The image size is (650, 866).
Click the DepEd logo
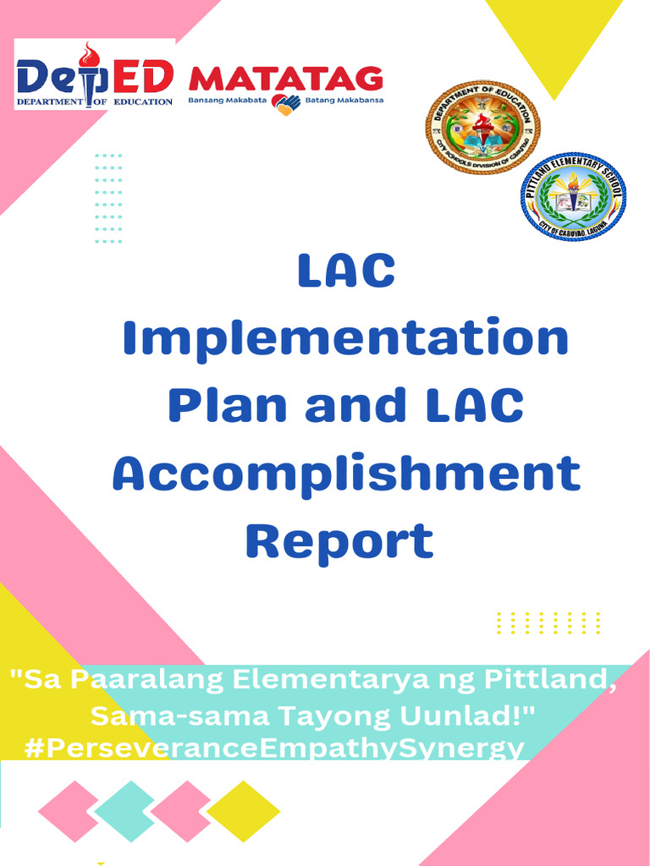click(95, 75)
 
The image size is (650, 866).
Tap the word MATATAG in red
click(285, 79)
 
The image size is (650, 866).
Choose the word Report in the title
click(339, 540)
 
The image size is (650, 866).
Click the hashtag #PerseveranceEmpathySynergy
click(275, 748)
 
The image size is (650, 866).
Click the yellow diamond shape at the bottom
click(243, 811)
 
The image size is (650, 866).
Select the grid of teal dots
click(108, 199)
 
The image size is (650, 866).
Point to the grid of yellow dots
click(548, 622)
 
